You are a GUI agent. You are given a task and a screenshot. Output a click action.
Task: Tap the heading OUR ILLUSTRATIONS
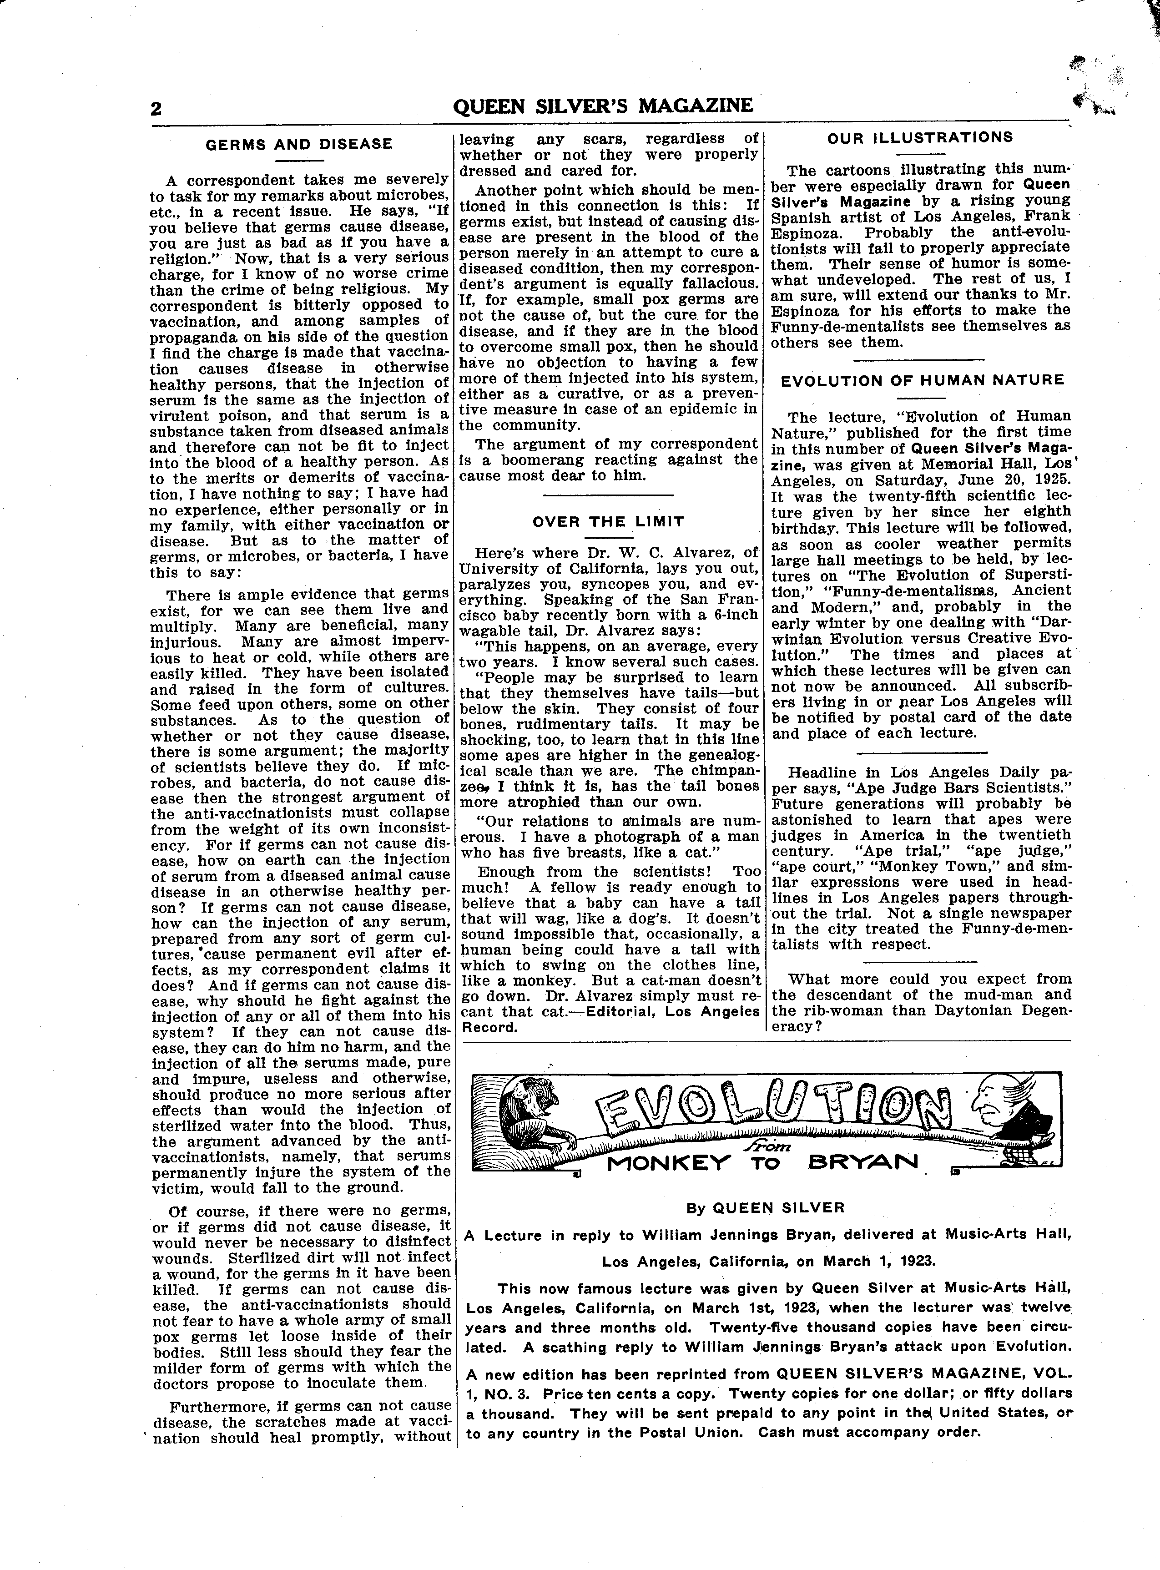920,138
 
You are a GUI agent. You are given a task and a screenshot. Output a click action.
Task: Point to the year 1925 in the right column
1047,480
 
